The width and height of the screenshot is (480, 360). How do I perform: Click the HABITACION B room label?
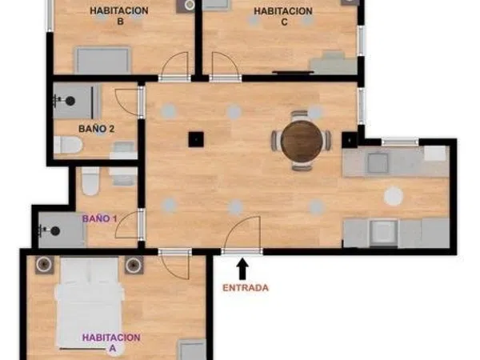pyautogui.click(x=119, y=16)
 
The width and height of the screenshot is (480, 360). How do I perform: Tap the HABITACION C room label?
pyautogui.click(x=283, y=17)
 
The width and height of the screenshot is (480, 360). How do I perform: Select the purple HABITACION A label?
pyautogui.click(x=111, y=342)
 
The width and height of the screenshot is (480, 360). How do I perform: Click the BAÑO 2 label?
pyautogui.click(x=97, y=129)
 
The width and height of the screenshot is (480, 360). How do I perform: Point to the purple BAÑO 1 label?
pyautogui.click(x=100, y=218)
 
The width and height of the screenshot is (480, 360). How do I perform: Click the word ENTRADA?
pyautogui.click(x=246, y=288)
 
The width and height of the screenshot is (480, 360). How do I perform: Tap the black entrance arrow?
pyautogui.click(x=242, y=269)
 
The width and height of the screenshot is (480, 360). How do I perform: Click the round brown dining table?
pyautogui.click(x=302, y=141)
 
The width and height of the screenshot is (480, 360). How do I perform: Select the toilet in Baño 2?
pyautogui.click(x=68, y=145)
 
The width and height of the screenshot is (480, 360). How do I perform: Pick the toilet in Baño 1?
pyautogui.click(x=90, y=181)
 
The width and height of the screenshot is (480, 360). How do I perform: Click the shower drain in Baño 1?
pyautogui.click(x=55, y=231)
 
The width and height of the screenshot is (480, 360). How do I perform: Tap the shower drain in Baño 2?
pyautogui.click(x=70, y=101)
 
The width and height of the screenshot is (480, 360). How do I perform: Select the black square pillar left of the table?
pyautogui.click(x=196, y=139)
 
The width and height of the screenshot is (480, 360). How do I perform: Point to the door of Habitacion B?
pyautogui.click(x=174, y=66)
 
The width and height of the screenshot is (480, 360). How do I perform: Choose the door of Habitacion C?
pyautogui.click(x=226, y=66)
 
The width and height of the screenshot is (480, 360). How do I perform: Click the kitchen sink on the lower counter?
pyautogui.click(x=384, y=232)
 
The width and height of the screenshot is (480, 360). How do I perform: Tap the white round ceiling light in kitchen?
pyautogui.click(x=394, y=196)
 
